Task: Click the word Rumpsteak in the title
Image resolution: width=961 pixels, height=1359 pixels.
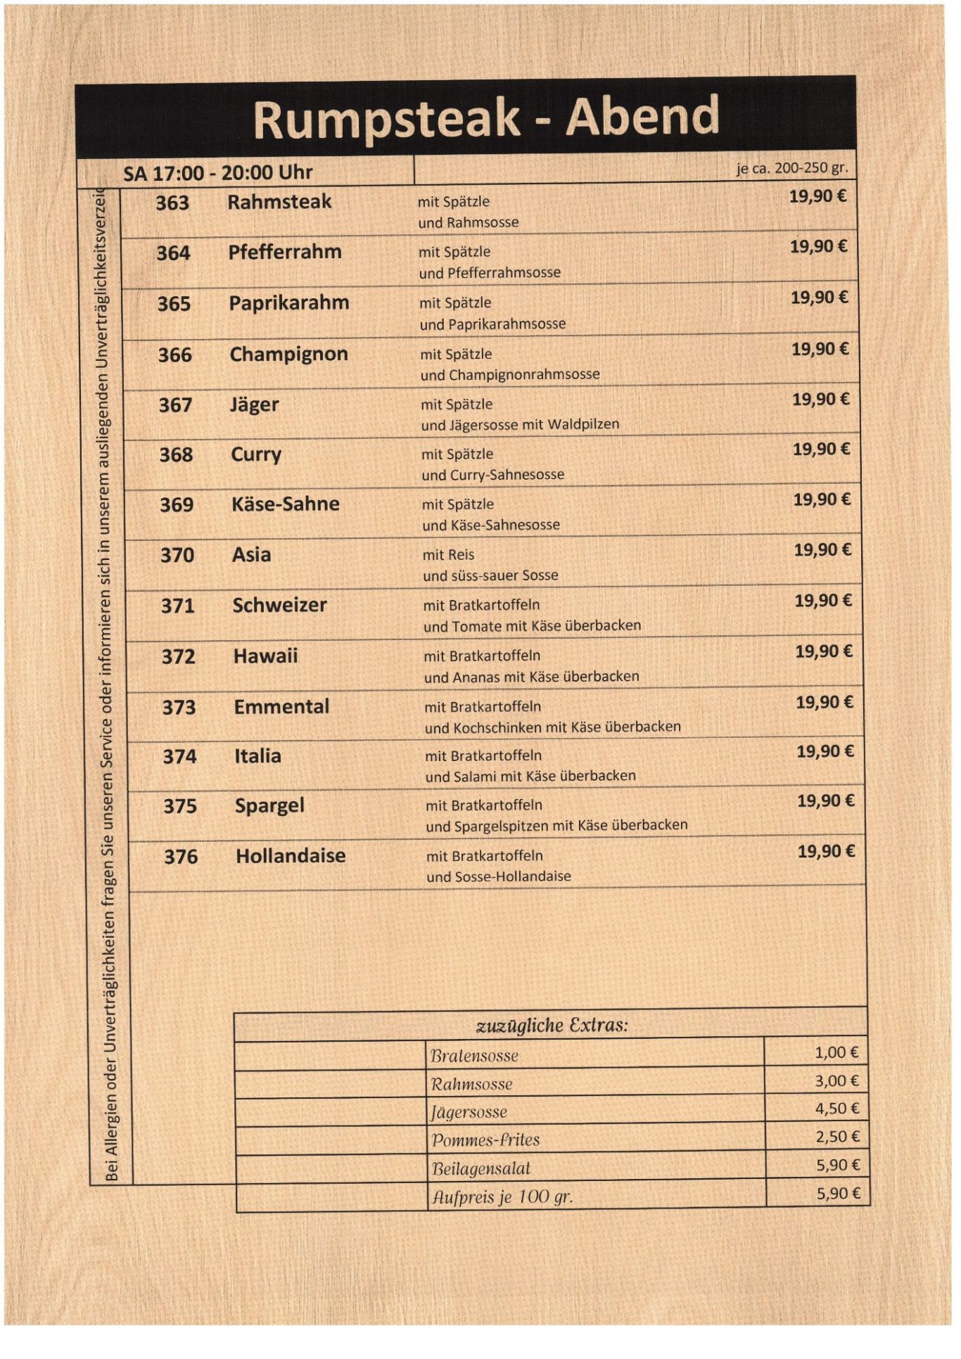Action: (x=386, y=120)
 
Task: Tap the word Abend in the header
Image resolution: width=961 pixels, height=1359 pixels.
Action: (x=642, y=116)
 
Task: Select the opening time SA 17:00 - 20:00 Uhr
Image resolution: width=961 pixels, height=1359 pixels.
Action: (x=217, y=172)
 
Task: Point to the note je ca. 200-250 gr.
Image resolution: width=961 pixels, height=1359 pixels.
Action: (x=792, y=168)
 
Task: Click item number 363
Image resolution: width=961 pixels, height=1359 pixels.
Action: (x=172, y=203)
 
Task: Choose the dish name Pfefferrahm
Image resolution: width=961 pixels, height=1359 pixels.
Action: (x=284, y=252)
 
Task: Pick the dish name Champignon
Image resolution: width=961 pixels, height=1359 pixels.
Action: (x=288, y=354)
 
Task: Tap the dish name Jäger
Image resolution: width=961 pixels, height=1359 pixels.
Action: (x=254, y=404)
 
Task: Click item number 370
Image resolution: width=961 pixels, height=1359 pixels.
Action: (x=177, y=555)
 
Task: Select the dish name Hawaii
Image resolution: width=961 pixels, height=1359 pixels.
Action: (x=265, y=656)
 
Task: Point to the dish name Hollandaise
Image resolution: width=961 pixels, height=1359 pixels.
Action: (x=291, y=855)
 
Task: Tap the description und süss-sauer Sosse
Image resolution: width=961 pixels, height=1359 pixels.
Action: (x=490, y=575)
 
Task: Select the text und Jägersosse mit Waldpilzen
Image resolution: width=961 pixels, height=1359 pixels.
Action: (x=520, y=424)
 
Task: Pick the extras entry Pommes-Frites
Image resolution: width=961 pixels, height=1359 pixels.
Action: (x=485, y=1140)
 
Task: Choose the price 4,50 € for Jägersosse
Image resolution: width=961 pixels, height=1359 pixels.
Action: (x=836, y=1109)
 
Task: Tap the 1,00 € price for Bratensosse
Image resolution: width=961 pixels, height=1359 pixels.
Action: (x=836, y=1052)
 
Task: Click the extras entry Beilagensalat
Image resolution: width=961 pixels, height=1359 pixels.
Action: (x=480, y=1168)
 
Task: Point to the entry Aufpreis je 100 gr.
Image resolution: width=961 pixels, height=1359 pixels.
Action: (x=502, y=1197)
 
